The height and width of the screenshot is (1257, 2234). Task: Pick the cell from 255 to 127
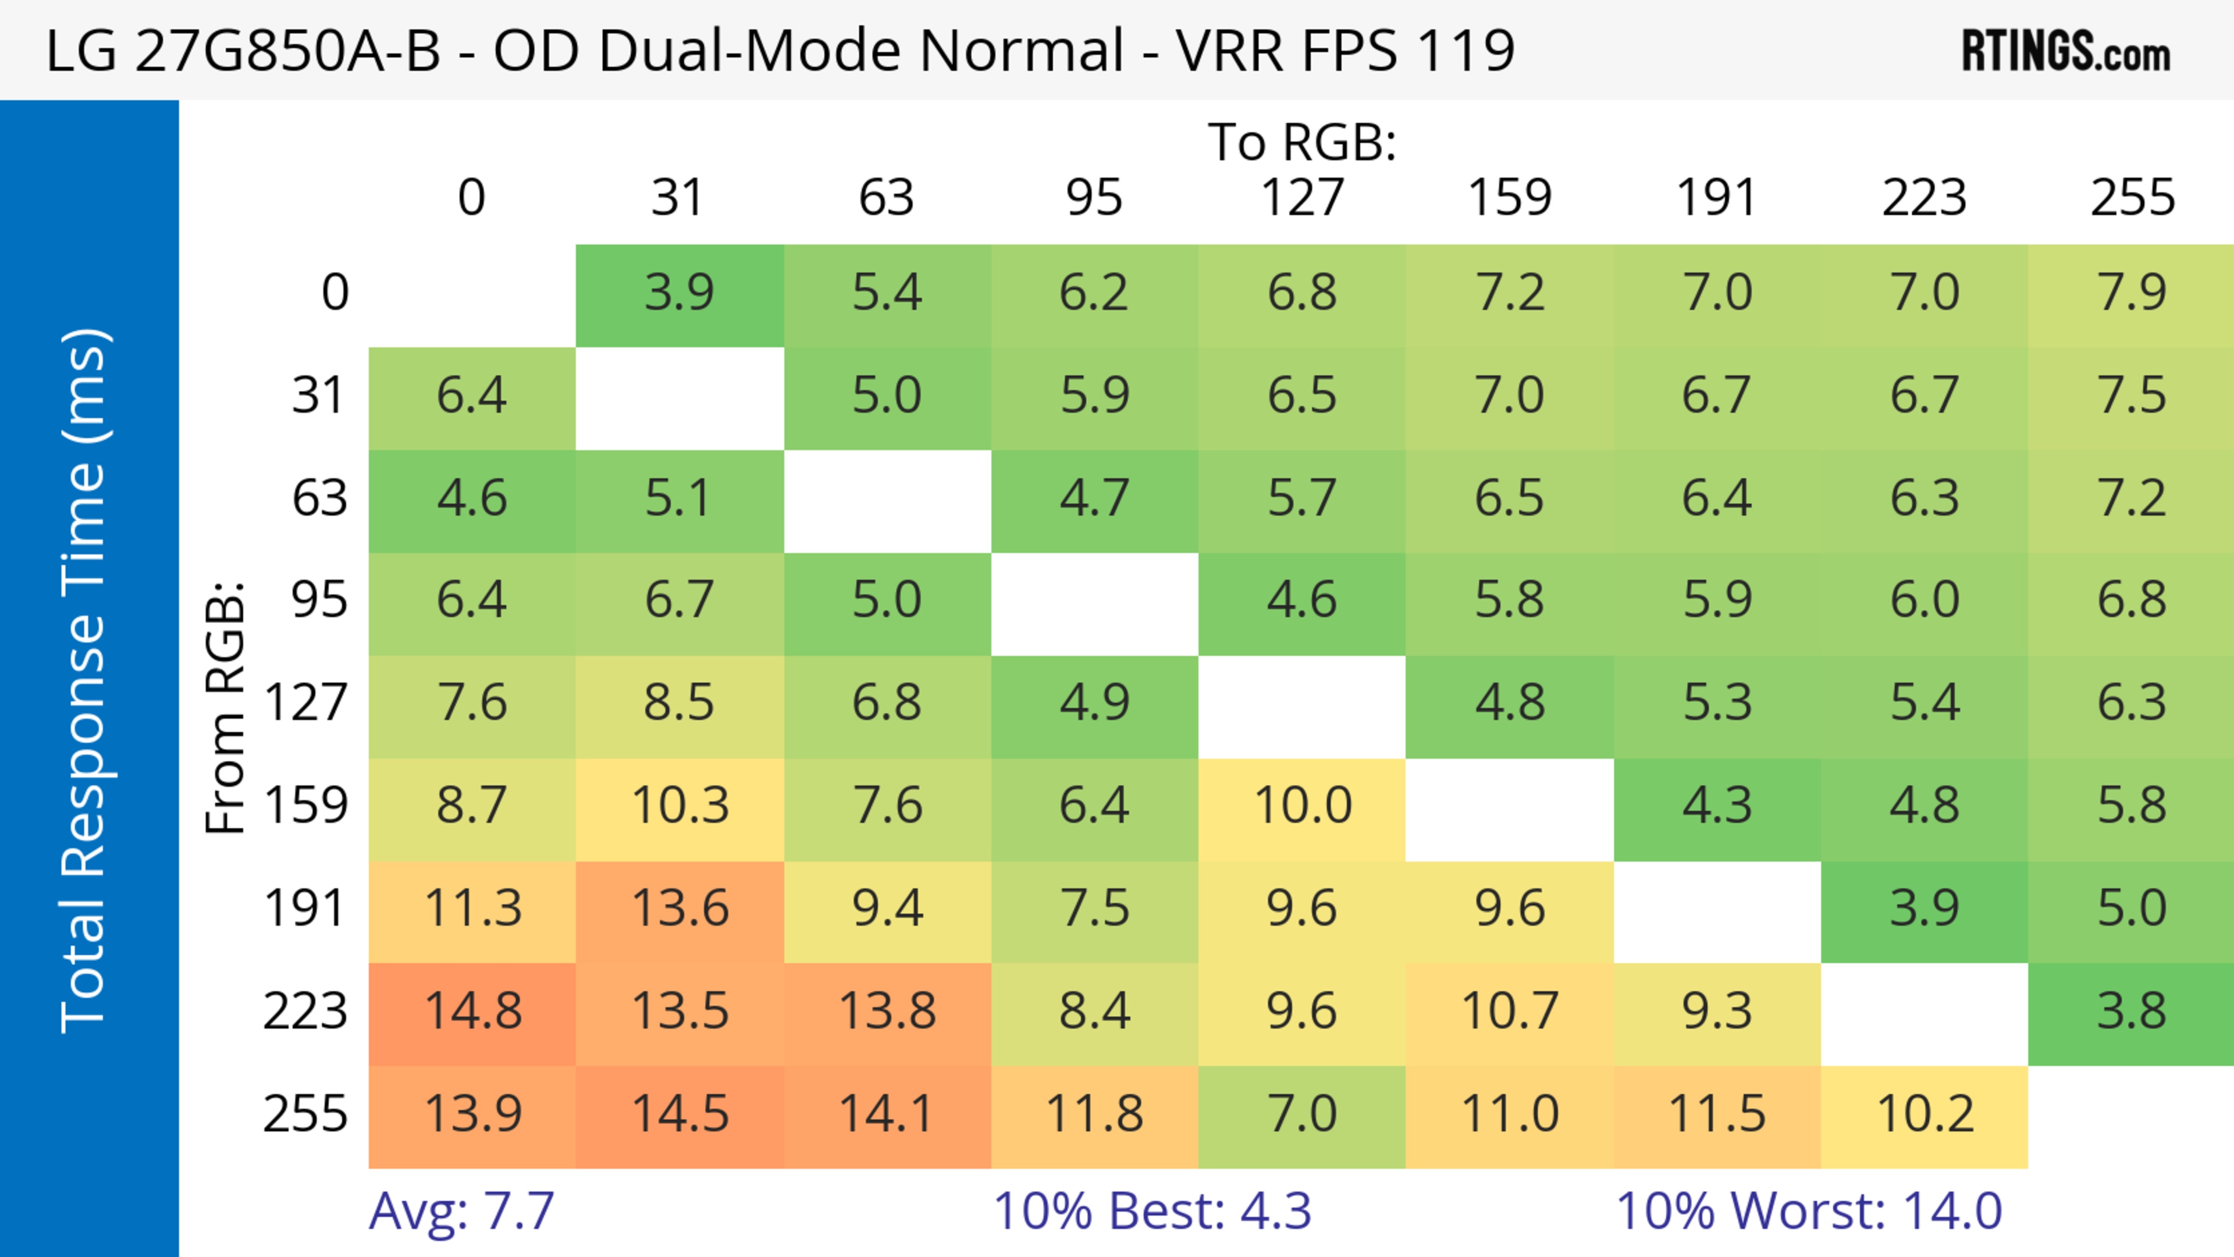point(1302,1115)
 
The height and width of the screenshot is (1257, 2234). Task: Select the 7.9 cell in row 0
point(2131,293)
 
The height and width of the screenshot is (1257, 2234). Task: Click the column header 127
point(1302,198)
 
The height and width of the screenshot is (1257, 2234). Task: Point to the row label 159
point(306,806)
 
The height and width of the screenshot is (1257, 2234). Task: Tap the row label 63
point(319,498)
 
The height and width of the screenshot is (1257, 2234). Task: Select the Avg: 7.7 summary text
point(461,1211)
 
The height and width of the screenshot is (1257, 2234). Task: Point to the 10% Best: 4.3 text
point(1152,1211)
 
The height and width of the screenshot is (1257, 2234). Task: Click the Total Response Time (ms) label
point(87,681)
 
